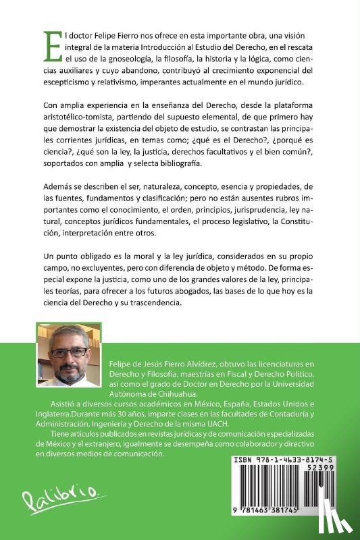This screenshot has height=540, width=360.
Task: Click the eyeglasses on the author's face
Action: click(70, 352)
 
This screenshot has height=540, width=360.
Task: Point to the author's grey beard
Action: click(70, 372)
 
